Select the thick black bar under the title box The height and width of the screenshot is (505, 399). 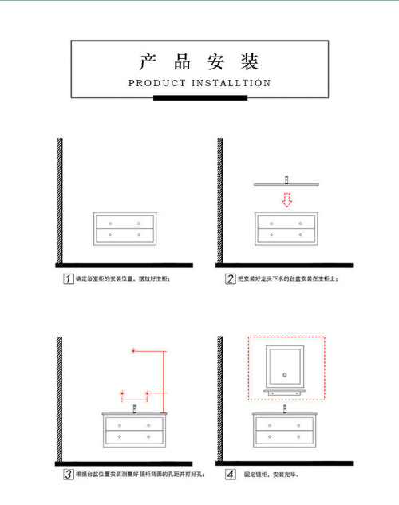coord(199,98)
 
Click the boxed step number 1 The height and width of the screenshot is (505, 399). coord(69,279)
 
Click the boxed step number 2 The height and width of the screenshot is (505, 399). coord(230,279)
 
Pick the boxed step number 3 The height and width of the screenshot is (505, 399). coord(69,475)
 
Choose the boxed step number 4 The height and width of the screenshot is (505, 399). coord(230,475)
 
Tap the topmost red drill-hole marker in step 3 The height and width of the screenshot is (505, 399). coord(134,351)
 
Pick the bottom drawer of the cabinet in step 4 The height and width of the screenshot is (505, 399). coord(285,436)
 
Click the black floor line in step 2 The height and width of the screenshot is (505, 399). coord(285,265)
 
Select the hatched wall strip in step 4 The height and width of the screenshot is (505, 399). coord(219,399)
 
